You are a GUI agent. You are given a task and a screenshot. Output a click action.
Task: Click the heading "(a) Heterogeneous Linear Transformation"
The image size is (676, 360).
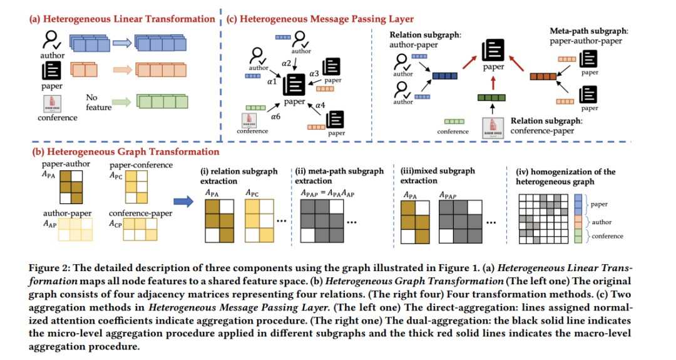pyautogui.click(x=122, y=19)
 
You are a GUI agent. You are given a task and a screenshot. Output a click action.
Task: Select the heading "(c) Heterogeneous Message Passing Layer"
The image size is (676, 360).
pyautogui.click(x=320, y=19)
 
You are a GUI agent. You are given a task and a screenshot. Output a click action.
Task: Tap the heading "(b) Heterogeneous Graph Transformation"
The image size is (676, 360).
pyautogui.click(x=125, y=152)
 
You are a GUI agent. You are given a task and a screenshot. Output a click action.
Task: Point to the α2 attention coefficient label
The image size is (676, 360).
pyautogui.click(x=287, y=63)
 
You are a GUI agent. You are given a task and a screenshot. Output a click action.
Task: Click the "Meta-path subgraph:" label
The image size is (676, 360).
pyautogui.click(x=585, y=31)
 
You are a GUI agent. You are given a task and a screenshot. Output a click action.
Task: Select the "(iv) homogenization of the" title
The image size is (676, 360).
pyautogui.click(x=565, y=172)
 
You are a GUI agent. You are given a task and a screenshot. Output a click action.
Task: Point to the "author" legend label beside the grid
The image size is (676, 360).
pyautogui.click(x=602, y=222)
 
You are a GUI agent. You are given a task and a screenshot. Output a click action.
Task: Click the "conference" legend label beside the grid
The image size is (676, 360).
pyautogui.click(x=607, y=236)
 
